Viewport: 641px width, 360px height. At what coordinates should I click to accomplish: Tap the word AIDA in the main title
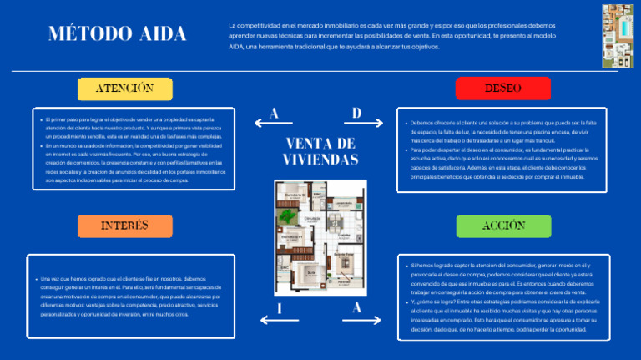click(x=159, y=35)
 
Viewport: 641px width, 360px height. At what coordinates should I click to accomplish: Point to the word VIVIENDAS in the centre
click(x=320, y=159)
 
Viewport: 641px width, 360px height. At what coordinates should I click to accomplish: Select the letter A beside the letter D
click(x=275, y=112)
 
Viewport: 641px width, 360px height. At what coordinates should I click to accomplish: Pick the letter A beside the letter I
click(x=357, y=307)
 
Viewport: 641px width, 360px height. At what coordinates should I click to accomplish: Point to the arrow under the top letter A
click(x=275, y=124)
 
